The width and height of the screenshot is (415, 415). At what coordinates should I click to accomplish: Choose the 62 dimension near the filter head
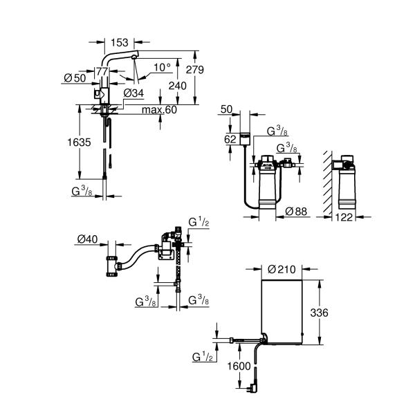[x=230, y=139]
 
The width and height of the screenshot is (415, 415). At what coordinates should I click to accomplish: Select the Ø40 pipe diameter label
[x=88, y=239]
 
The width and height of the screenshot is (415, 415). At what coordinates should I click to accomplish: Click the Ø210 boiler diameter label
[x=282, y=268]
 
